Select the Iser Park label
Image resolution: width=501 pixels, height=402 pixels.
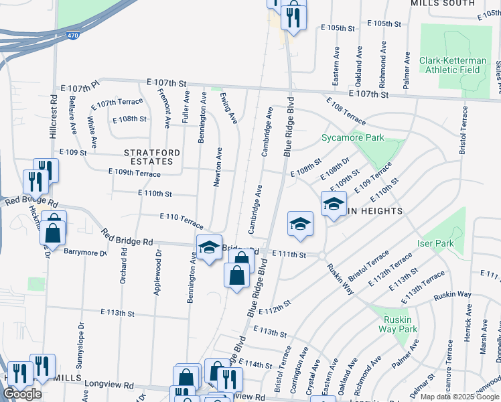coord(435,243)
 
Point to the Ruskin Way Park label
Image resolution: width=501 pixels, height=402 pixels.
coord(398,324)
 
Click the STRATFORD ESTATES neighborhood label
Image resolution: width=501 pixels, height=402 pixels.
coord(152,157)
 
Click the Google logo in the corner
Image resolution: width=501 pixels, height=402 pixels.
coord(22,394)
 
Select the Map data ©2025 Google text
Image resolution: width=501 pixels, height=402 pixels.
coord(460,397)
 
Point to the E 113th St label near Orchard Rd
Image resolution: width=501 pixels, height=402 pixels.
coord(118,313)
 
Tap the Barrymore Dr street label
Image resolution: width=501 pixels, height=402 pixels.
coord(86,253)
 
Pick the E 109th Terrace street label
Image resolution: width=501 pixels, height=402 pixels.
coord(135,174)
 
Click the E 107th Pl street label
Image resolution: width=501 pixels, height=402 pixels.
coord(80,87)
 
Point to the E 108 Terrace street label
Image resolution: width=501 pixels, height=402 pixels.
coord(346,112)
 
